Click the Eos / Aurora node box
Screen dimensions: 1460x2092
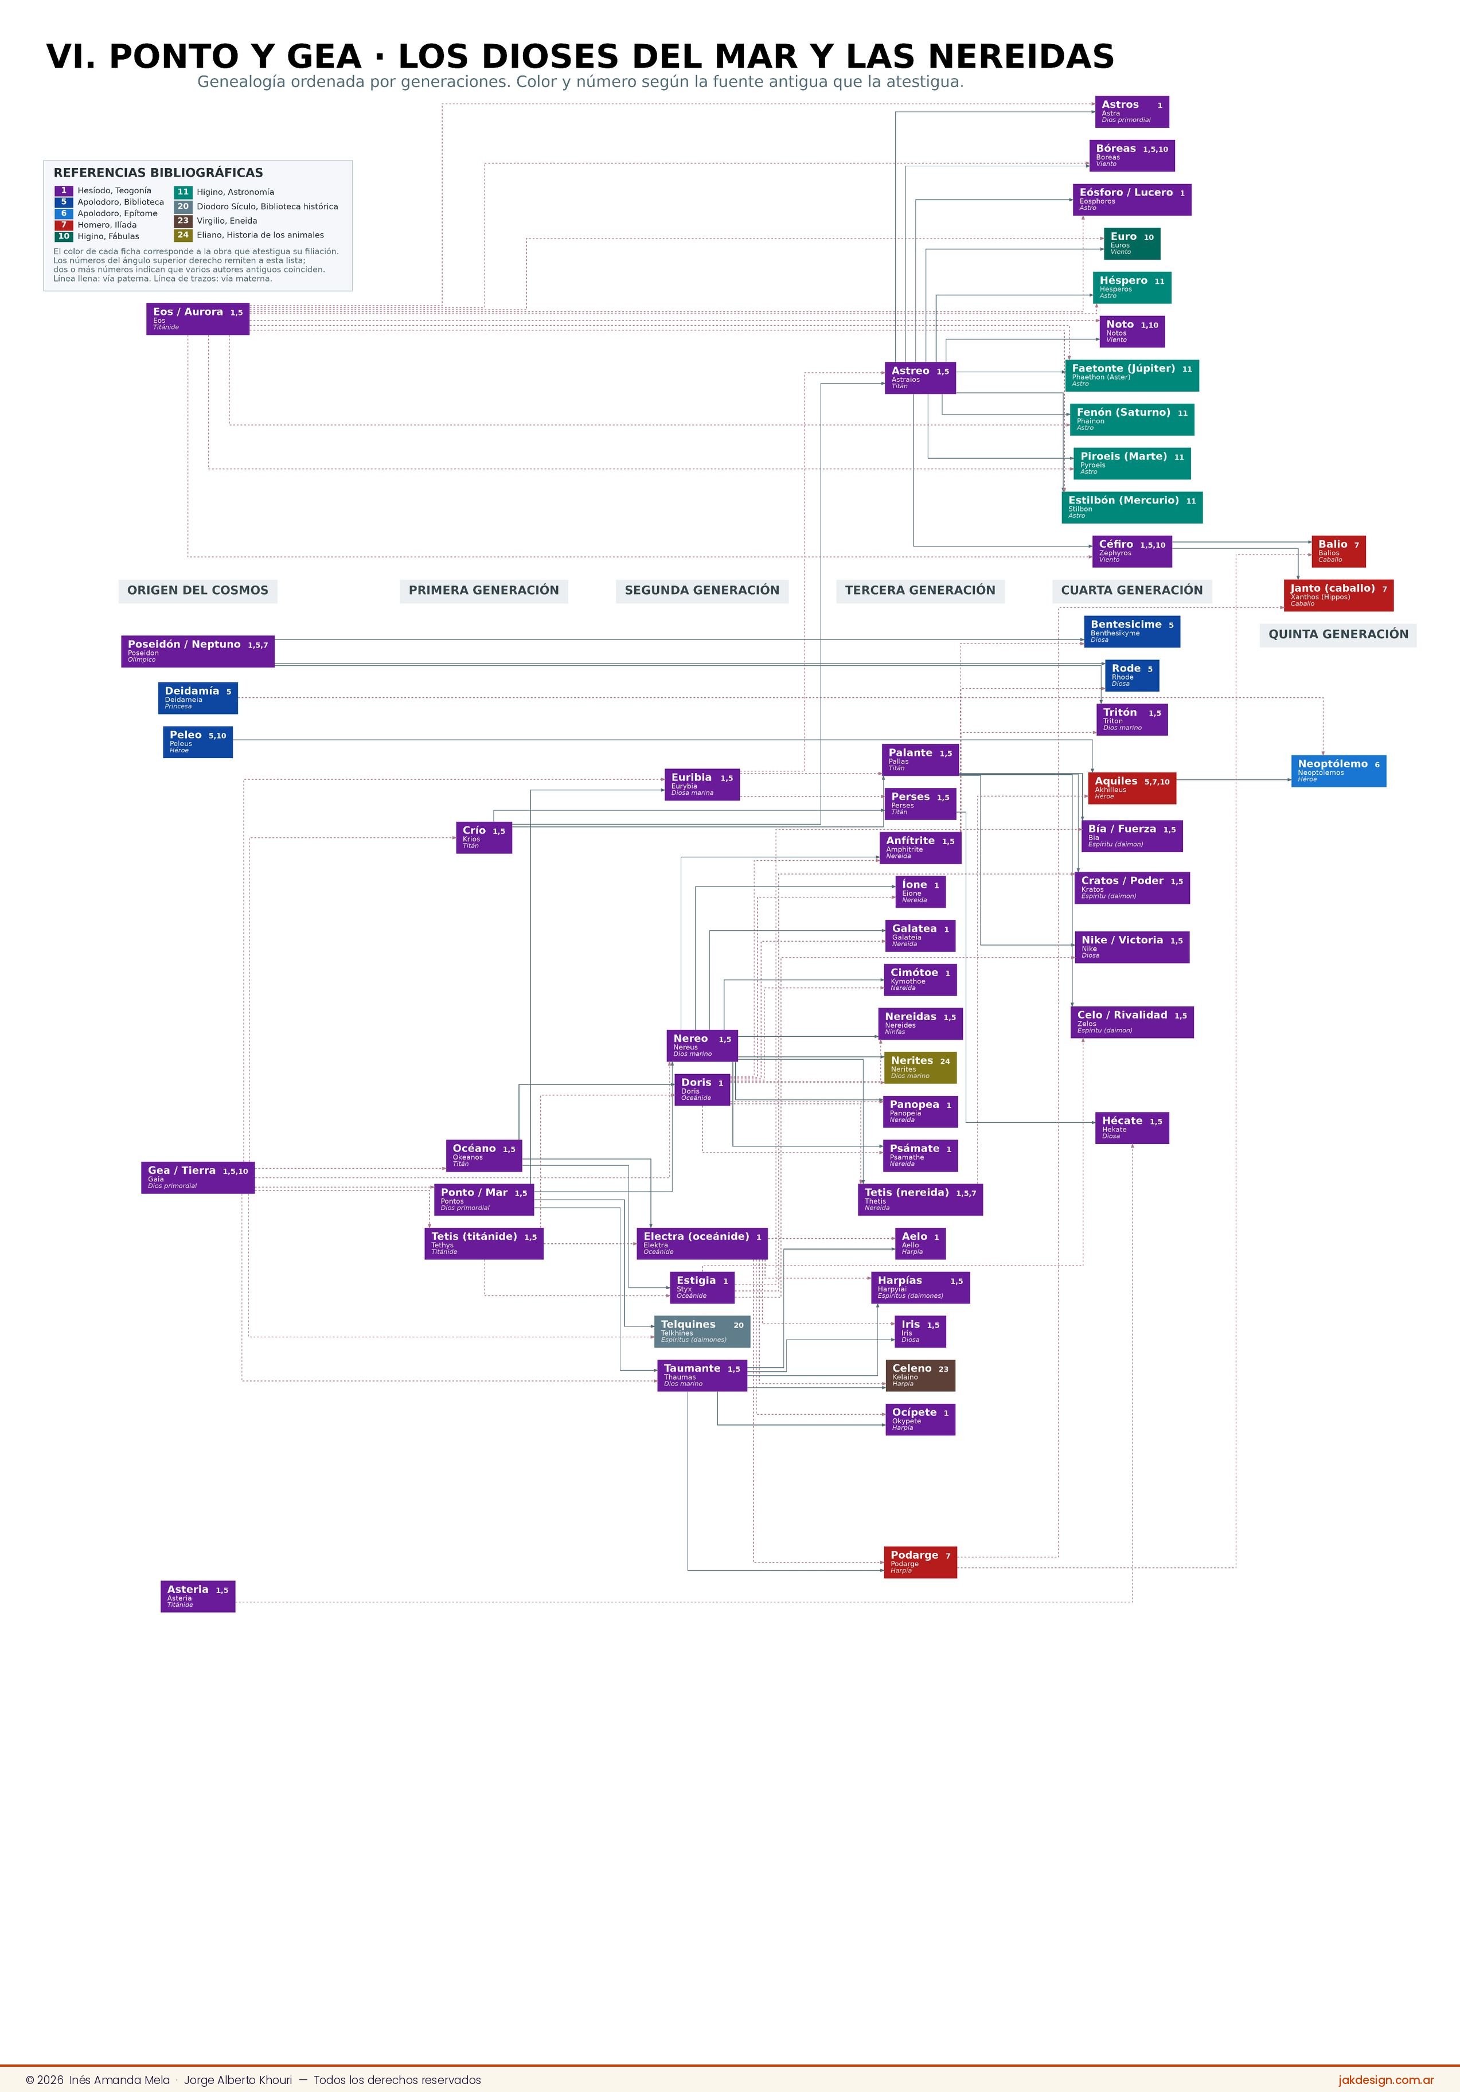[x=198, y=319]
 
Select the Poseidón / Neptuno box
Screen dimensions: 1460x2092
[x=198, y=651]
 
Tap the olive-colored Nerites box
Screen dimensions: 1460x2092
[x=920, y=1068]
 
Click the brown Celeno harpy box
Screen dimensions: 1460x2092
[x=920, y=1376]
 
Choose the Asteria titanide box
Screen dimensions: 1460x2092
[x=198, y=1597]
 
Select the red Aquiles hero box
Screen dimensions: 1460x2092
[x=1132, y=788]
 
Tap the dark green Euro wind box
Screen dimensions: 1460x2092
[x=1132, y=243]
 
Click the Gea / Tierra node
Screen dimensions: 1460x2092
[x=198, y=1177]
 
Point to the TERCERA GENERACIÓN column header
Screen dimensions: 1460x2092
[x=920, y=591]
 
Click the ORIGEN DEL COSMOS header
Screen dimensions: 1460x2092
[x=198, y=591]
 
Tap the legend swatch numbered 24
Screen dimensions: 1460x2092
[x=183, y=235]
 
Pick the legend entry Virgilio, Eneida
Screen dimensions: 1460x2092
[x=227, y=221]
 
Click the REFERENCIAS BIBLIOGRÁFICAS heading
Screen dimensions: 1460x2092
[x=159, y=173]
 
